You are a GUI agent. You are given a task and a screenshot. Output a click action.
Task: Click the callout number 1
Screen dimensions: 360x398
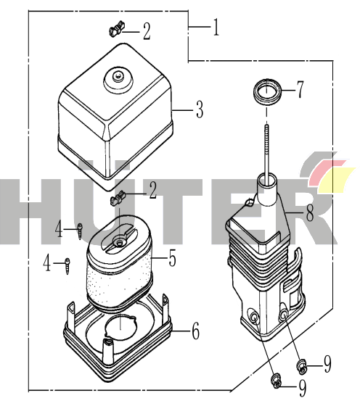coord(216,27)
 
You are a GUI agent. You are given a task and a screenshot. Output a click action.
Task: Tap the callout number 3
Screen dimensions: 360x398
coord(200,109)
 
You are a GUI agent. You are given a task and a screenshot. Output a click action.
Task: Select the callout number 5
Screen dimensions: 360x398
coord(173,258)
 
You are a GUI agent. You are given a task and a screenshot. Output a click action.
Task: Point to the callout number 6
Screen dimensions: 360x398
coord(195,331)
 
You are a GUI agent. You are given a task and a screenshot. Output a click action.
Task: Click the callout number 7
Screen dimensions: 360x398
coord(300,90)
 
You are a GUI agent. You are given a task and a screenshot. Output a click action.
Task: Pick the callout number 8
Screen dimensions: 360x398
coord(310,212)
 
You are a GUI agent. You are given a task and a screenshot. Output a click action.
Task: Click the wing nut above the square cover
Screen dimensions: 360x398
coord(117,29)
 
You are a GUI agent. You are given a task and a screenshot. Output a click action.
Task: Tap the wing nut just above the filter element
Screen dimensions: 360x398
coord(118,198)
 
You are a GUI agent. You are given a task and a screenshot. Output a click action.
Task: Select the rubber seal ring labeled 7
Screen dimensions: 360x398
coord(268,92)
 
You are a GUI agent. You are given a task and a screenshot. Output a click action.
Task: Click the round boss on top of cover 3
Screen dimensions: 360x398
coord(118,80)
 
